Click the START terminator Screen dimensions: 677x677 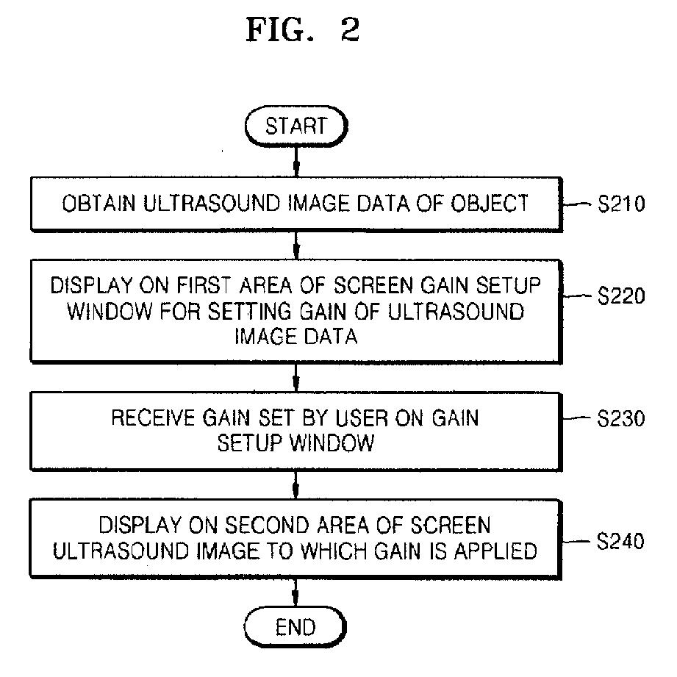296,126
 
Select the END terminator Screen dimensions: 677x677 295,627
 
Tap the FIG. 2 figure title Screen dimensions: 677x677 303,30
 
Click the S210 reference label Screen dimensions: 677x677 621,204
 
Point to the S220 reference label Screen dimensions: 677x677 621,295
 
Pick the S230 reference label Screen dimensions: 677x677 621,418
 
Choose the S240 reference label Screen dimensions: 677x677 620,540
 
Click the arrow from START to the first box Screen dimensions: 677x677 296,162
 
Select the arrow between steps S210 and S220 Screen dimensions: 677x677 296,246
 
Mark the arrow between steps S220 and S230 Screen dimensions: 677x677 295,378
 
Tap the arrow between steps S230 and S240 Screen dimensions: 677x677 295,485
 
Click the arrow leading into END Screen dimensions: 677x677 295,592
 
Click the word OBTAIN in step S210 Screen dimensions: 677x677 99,204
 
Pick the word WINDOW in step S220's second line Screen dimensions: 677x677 110,311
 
